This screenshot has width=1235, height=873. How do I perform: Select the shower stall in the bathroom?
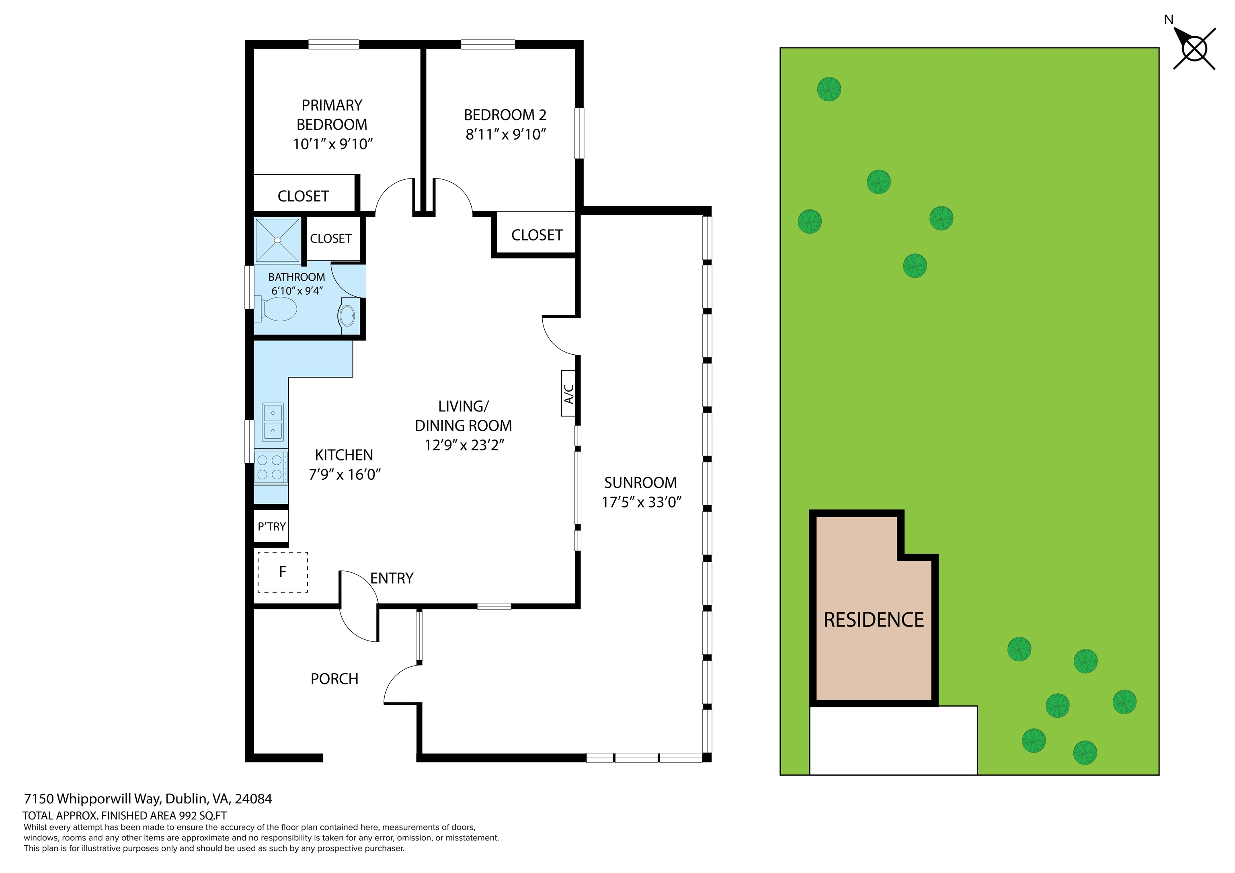(x=277, y=240)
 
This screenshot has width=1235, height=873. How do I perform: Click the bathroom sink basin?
(x=347, y=315)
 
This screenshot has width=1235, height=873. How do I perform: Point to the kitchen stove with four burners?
(x=271, y=466)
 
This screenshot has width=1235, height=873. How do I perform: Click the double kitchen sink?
(x=273, y=422)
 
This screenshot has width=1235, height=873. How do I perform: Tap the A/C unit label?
(x=568, y=393)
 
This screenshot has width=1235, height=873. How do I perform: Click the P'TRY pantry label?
(x=272, y=527)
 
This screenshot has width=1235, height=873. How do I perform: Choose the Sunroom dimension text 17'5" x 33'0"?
(x=641, y=502)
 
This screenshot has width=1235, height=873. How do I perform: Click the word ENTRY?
(x=392, y=578)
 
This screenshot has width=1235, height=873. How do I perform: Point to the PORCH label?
(x=334, y=679)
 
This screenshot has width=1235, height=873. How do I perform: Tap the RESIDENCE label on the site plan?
(x=874, y=620)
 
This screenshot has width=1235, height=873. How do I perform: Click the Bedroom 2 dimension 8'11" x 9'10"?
(x=506, y=134)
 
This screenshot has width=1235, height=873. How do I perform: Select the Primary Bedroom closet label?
(x=304, y=196)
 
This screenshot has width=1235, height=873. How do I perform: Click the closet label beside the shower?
(x=331, y=238)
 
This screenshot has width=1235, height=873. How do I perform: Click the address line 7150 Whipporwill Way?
(x=148, y=799)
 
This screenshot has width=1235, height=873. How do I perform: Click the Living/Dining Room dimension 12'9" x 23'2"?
(x=464, y=445)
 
